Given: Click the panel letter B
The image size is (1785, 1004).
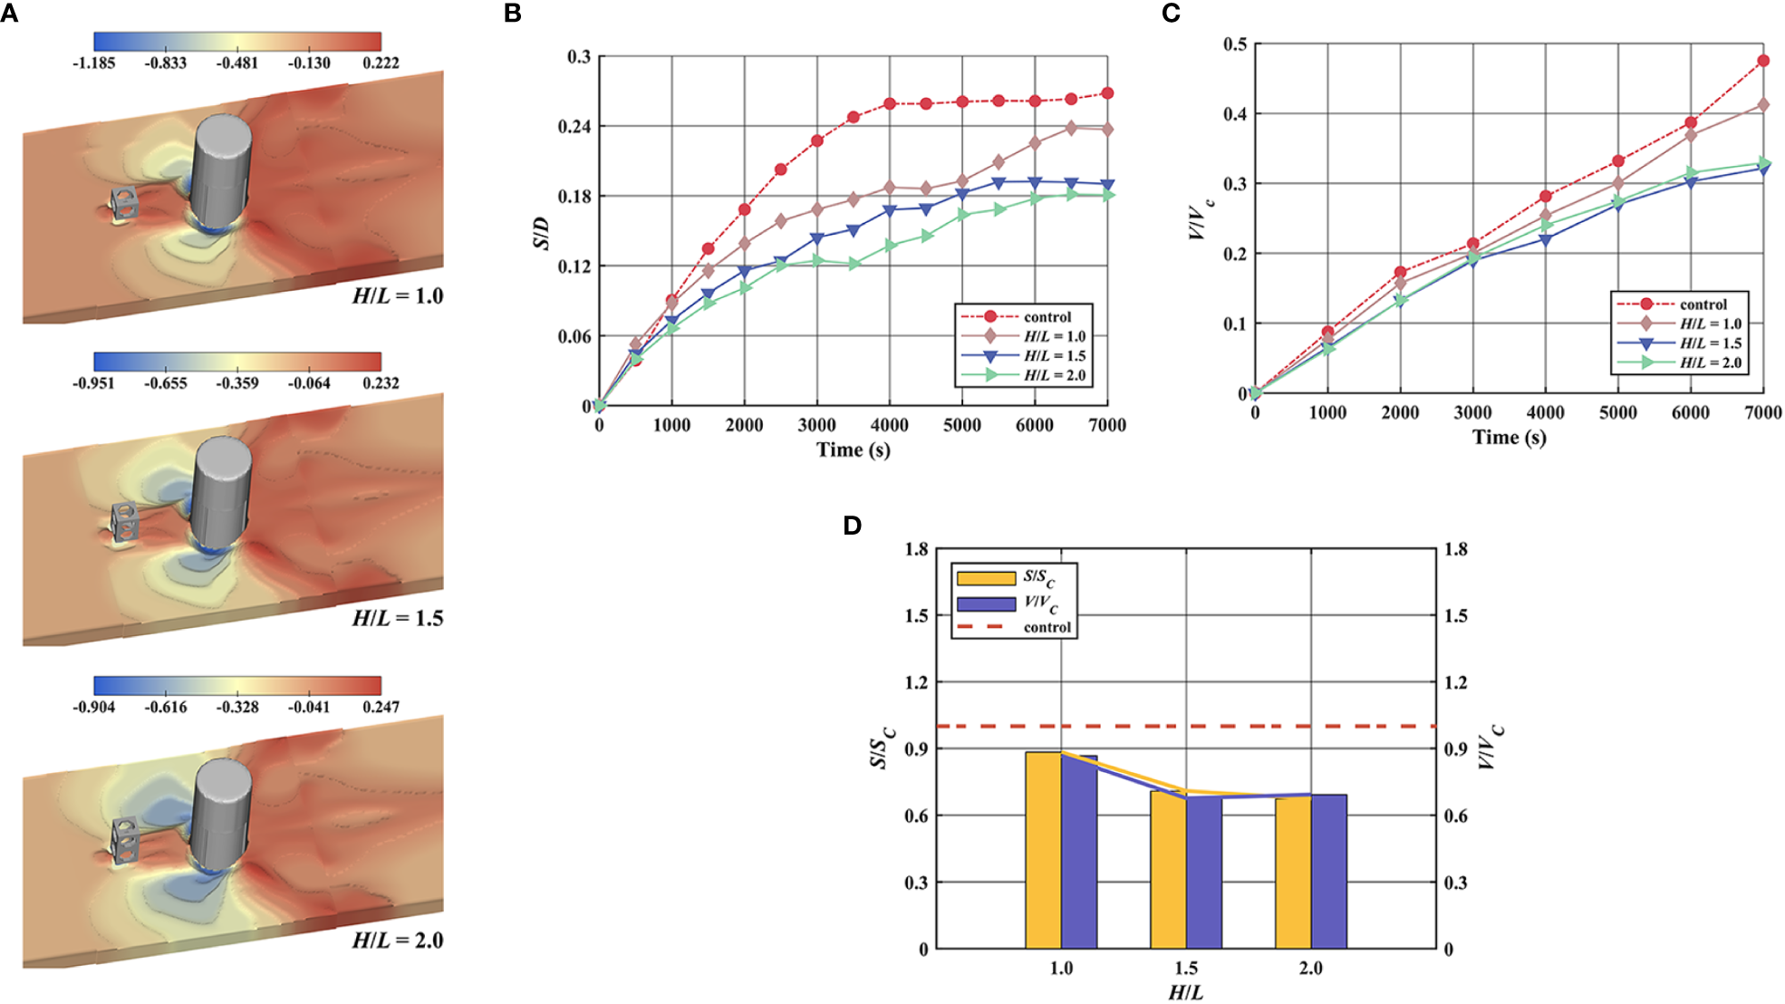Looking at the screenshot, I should coord(513,14).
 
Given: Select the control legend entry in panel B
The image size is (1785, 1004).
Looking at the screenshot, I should coord(1047,317).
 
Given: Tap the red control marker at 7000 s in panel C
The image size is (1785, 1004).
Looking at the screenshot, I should coord(1763,61).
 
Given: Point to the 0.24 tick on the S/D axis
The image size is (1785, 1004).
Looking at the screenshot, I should coord(574,127).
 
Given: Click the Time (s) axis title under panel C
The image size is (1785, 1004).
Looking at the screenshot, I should coord(1509,438).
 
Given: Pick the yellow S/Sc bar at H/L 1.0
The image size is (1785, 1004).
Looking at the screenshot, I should coord(1043,850).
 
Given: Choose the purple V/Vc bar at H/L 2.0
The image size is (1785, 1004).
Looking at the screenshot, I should coord(1328,872).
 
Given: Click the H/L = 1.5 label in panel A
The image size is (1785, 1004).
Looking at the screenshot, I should coord(397,619).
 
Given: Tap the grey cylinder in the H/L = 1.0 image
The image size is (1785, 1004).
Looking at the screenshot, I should coord(220,172).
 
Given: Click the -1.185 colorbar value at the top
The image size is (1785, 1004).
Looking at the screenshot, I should coord(94,63).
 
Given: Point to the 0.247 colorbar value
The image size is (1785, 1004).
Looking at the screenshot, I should coord(381,707).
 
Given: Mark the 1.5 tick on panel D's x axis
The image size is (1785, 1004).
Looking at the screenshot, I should coord(1186,968).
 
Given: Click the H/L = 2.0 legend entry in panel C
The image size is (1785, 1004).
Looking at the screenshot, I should coord(1710,362).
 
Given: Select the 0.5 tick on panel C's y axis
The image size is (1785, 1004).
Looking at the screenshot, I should coord(1235,44).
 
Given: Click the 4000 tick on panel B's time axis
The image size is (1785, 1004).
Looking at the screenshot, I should coord(889,425).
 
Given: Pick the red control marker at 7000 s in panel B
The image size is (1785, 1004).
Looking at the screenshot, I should coord(1107,93).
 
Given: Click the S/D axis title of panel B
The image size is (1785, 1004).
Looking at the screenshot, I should coord(541,233).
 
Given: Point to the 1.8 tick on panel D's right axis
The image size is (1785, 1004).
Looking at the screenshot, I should coord(1455,549).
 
